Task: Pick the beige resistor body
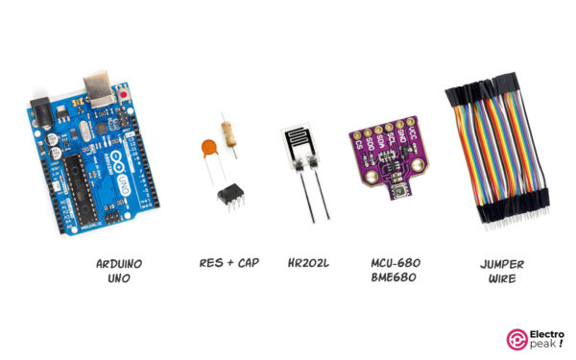[229, 132]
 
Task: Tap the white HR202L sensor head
[300, 146]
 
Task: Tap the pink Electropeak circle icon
[516, 338]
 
